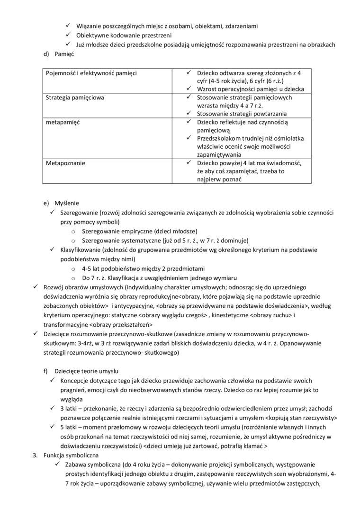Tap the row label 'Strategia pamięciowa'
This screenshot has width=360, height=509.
click(x=75, y=98)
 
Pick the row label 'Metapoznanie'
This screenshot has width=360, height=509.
click(x=65, y=163)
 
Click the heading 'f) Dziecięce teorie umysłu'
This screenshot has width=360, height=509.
click(x=81, y=371)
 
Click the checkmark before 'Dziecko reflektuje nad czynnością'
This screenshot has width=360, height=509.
click(x=188, y=122)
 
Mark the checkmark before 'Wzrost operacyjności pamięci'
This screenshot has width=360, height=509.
click(x=188, y=89)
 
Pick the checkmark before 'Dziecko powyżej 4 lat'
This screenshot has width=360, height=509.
click(x=188, y=163)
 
